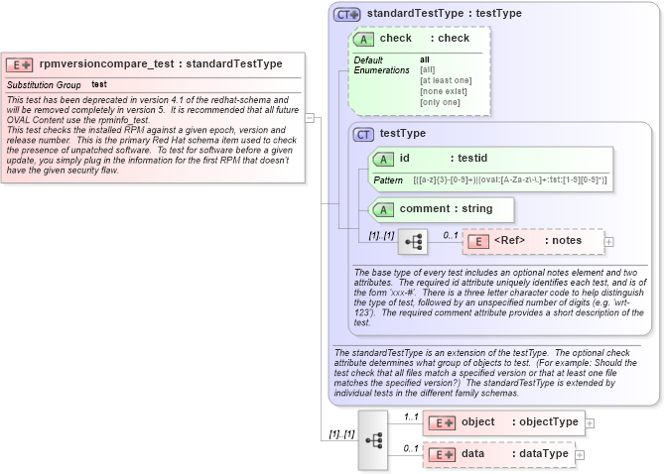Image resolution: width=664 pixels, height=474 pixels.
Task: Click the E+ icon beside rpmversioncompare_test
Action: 20,64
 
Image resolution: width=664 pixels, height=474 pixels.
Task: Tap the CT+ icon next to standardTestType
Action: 346,14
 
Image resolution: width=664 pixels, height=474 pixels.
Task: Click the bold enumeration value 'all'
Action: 425,59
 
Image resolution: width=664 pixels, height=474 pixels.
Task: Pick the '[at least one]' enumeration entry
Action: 446,80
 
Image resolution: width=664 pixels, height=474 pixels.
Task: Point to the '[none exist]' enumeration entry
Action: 443,91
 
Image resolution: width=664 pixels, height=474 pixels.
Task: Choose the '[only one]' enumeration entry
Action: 440,102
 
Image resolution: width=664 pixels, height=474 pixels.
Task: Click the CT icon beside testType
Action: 364,134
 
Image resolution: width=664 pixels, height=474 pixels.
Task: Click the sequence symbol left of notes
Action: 412,241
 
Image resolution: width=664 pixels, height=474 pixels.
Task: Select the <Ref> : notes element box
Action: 533,241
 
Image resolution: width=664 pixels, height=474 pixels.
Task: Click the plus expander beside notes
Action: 609,241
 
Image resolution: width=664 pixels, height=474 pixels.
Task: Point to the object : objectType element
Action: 503,422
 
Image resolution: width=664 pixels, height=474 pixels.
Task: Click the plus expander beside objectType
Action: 590,422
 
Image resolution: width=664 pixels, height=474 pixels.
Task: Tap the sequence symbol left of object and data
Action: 373,438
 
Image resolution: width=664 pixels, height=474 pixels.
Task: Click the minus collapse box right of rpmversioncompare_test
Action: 310,117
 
